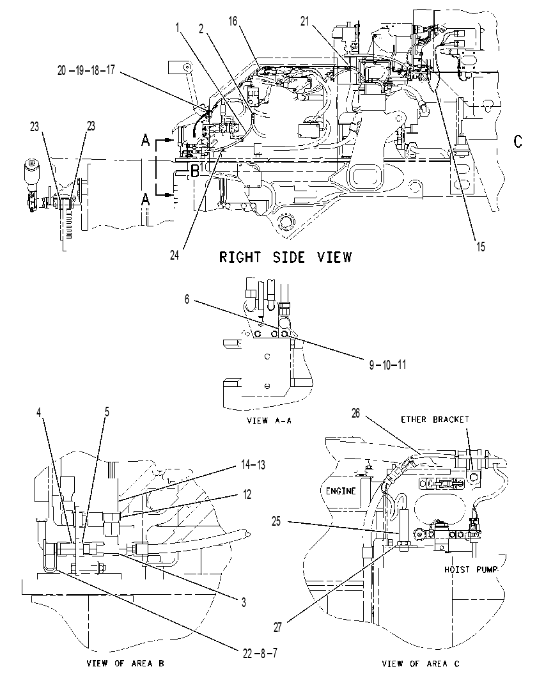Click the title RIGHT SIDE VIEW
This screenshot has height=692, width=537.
286,257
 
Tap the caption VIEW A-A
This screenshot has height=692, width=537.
269,421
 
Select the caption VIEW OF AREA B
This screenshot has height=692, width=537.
125,663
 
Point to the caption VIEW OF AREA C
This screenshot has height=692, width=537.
421,663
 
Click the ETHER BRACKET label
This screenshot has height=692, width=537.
435,420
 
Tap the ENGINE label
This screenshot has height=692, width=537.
341,491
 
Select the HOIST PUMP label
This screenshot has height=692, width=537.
471,570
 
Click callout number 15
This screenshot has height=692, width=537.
481,247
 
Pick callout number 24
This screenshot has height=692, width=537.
175,255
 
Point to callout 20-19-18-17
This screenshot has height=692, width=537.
86,70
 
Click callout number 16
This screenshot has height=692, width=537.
233,21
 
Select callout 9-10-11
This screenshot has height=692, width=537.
387,365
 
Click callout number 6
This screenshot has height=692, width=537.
187,299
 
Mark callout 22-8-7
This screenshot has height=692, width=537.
260,653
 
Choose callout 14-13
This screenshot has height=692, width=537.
253,465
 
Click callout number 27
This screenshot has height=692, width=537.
277,627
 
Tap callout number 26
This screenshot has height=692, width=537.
355,414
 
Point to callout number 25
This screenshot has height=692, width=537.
276,521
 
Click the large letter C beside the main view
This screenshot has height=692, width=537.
518,141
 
